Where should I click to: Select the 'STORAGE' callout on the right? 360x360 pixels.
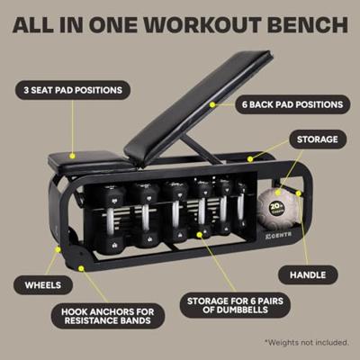[x=316, y=139]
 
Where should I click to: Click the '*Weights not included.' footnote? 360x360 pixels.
[x=306, y=342]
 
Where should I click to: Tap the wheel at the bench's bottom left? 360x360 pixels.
[x=63, y=250]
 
